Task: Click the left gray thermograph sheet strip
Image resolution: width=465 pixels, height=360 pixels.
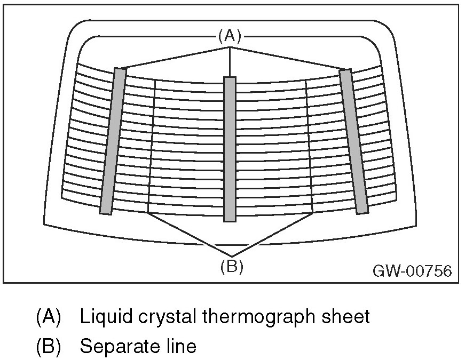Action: (113, 141)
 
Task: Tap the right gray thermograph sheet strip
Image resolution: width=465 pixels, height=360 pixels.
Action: (354, 141)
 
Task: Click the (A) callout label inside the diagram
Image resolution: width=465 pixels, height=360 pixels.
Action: (230, 36)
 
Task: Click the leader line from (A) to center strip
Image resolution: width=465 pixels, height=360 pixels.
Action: (230, 62)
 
